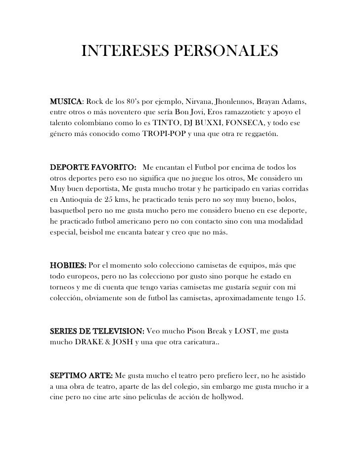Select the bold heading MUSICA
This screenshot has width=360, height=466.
66,102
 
